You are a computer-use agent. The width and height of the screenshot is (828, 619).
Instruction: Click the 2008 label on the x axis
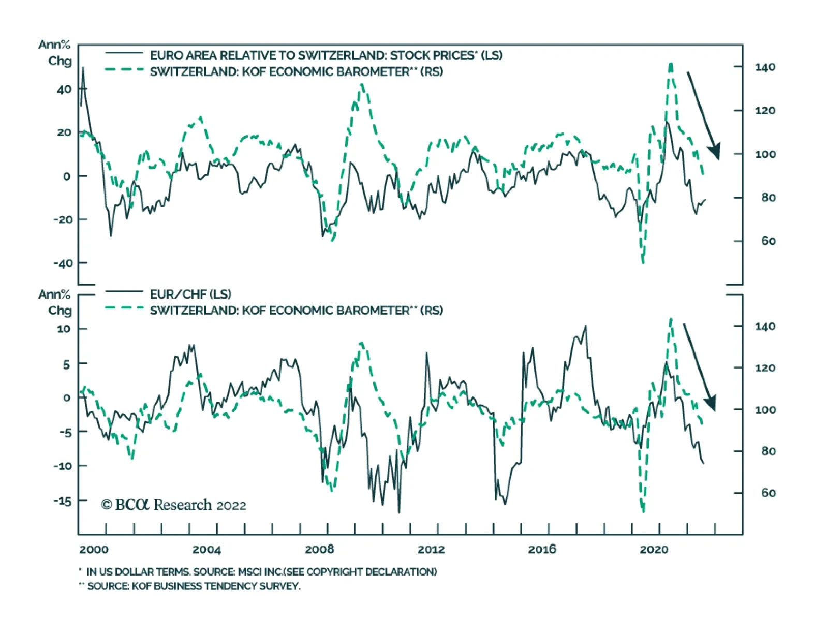319,549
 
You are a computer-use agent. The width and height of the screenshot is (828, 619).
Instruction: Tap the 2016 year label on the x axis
542,549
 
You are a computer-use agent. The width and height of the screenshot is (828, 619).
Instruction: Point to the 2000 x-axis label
94,549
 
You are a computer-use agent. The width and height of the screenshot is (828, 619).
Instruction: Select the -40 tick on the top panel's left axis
63,263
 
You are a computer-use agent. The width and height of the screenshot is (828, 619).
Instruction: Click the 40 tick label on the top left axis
64,90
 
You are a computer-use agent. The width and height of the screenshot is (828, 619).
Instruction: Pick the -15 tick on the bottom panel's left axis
63,501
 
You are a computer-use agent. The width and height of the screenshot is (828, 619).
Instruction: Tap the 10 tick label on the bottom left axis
63,329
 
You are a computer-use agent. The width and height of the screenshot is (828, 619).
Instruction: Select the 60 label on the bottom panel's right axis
768,493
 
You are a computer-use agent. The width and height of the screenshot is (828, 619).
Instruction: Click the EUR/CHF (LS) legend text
190,294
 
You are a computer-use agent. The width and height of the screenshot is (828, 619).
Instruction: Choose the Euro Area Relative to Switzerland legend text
326,55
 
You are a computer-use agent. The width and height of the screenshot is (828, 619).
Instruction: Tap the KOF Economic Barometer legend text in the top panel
296,71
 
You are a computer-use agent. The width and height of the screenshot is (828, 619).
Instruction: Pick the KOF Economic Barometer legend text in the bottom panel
296,311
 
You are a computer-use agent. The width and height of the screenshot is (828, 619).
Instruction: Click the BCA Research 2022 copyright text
174,505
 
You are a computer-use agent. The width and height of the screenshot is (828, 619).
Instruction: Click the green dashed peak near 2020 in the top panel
671,64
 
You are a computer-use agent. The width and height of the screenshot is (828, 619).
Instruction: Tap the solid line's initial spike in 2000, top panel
83,68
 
